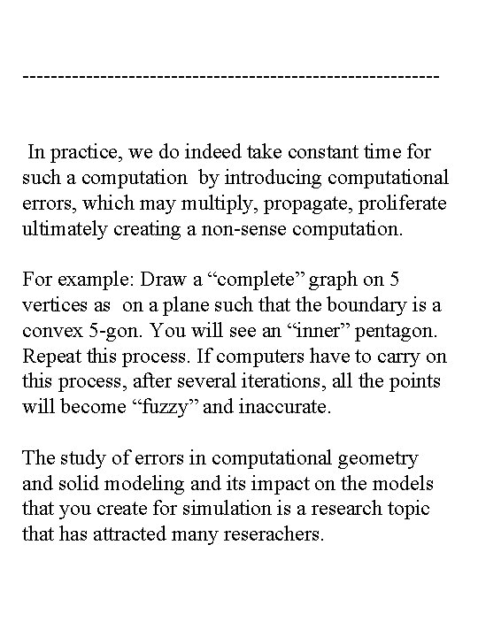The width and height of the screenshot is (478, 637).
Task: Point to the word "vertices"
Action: (55, 307)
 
